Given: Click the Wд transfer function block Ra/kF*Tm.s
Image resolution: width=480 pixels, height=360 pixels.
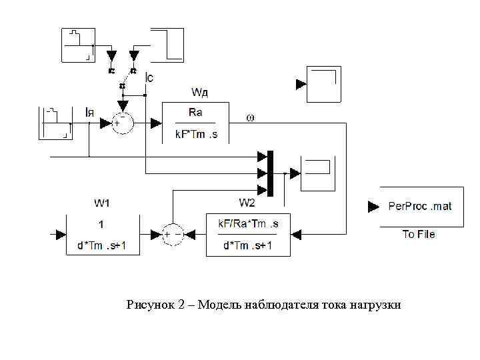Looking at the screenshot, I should pos(195,123).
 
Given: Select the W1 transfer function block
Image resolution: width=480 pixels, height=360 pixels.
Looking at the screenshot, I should pos(101,235).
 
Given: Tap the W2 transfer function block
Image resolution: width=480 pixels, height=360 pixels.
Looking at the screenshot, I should pos(247,235).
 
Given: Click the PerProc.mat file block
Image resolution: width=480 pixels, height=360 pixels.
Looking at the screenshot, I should pos(421,207).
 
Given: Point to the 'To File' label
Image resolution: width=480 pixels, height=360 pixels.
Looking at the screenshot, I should pos(419,234).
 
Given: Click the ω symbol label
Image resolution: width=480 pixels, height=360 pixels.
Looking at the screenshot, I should pos(251,117).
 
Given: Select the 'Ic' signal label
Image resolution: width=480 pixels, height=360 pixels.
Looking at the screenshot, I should pos(150,79).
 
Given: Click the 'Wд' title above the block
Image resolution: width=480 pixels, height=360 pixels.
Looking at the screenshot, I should pos(201,91).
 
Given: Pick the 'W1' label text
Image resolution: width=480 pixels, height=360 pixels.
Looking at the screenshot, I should pos(102,203).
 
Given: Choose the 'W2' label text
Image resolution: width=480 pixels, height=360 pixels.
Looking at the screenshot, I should pos(247,203).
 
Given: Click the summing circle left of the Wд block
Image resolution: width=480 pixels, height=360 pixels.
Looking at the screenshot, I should pos(122,123).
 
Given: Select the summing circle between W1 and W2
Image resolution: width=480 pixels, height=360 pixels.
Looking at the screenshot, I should pos(173,234).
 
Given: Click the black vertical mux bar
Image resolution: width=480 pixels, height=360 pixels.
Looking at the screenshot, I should pos(270,173).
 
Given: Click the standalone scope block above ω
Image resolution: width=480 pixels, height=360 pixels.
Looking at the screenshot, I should pos(323,84).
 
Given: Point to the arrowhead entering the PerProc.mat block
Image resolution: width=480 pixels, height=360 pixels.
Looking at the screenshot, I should pos(373,207).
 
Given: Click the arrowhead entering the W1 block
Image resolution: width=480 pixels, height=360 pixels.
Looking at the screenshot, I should pos(61,235).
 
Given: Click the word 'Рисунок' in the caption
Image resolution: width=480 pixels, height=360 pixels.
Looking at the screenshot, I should pos(149,305).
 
